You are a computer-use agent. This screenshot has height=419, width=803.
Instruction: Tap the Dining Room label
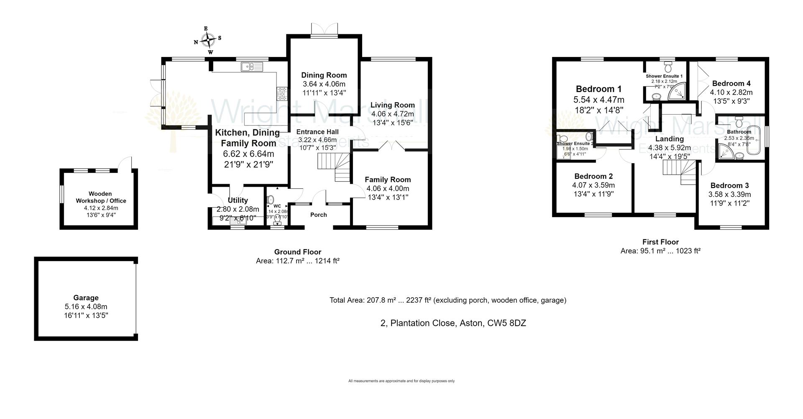[x=324, y=75]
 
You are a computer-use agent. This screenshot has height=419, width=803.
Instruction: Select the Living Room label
[x=392, y=105]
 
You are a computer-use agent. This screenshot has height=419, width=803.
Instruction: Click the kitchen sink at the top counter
[x=251, y=67]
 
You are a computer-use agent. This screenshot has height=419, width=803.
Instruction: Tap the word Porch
[x=318, y=215]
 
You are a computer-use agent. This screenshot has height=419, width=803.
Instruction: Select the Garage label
[x=86, y=298]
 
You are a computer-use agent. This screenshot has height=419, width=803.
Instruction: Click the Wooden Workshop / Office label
[x=100, y=197]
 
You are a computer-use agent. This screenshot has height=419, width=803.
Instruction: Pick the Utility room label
[x=238, y=201]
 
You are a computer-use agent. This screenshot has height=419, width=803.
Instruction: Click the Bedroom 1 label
[x=598, y=89]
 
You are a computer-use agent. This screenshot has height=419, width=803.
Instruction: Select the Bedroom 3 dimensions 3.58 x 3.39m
[x=729, y=194]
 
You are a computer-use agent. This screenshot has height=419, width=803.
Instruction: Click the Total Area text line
[x=448, y=300]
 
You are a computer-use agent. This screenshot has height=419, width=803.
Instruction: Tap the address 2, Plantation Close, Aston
[x=453, y=323]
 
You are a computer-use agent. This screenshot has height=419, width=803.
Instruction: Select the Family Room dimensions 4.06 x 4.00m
[x=388, y=188]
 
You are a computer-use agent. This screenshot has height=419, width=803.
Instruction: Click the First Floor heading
[x=660, y=242]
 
